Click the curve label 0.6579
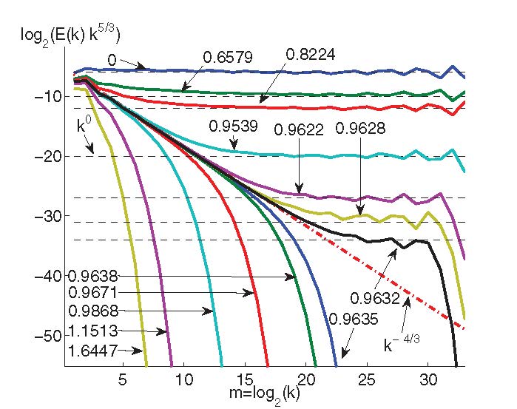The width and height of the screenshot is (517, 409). (x=224, y=57)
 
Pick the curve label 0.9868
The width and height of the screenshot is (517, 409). (x=92, y=311)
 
